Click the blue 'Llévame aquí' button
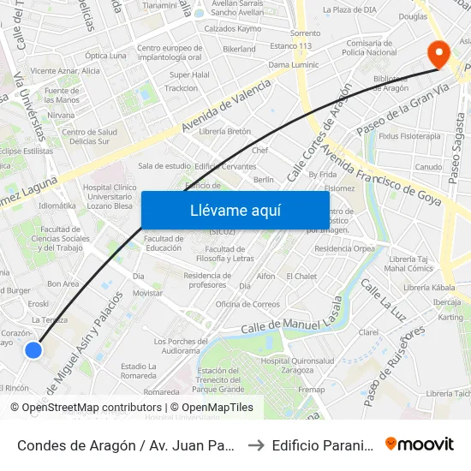click(235, 210)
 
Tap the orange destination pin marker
click(438, 54)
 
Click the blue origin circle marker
click(33, 349)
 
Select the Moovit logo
click(420, 444)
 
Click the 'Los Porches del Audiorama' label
click(176, 346)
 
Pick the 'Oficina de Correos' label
click(247, 304)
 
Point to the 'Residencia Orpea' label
click(344, 249)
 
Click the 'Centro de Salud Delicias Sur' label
click(89, 136)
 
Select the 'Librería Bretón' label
click(224, 131)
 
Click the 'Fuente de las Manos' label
click(62, 95)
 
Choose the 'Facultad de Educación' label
click(163, 242)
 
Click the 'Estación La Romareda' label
click(139, 371)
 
